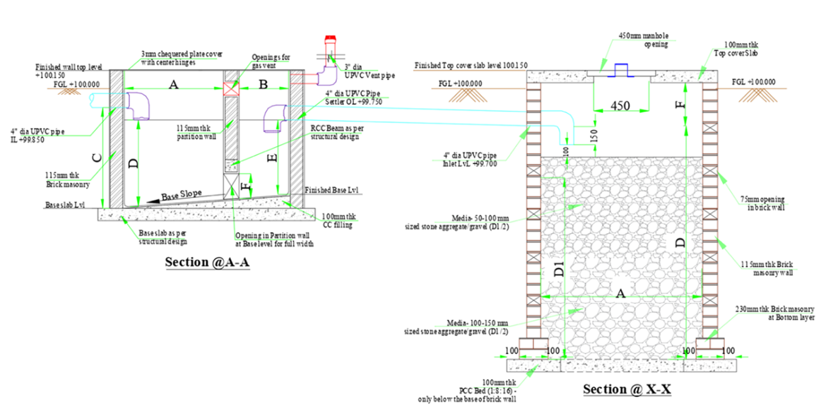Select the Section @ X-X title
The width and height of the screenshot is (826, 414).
click(626, 389)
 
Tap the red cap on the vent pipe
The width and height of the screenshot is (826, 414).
click(329, 40)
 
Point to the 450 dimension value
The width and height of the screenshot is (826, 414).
click(620, 106)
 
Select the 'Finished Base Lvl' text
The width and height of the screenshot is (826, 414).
click(332, 191)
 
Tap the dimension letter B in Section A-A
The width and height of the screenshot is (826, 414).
click(262, 85)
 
